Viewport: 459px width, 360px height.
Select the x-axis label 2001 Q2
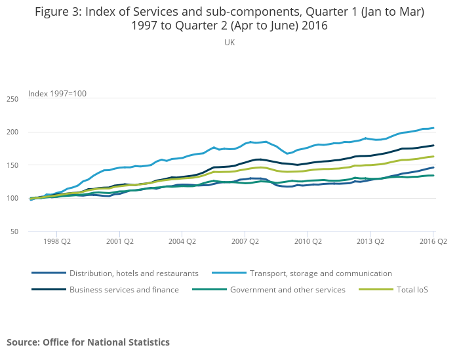coord(119,242)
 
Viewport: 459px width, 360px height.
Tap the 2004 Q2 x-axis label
coord(182,242)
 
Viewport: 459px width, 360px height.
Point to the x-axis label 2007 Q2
coord(245,242)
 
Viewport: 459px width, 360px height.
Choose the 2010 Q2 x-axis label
coord(308,242)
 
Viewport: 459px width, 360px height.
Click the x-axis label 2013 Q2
coord(370,242)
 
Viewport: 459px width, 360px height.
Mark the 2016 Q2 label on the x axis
coord(433,242)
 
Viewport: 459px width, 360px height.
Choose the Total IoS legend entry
coord(412,289)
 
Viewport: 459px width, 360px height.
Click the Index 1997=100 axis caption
coord(57,94)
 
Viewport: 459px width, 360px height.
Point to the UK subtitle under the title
coord(229,43)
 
